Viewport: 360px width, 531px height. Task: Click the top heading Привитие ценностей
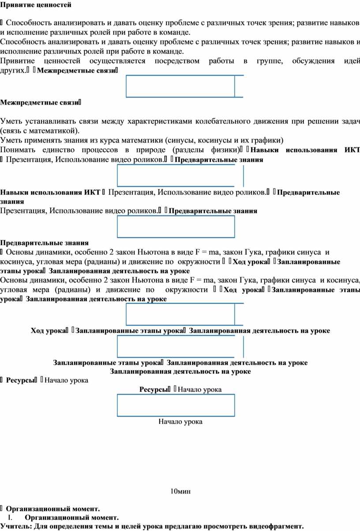click(x=35, y=5)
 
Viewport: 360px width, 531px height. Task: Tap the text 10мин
click(x=180, y=491)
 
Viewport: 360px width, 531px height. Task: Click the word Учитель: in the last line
click(x=16, y=526)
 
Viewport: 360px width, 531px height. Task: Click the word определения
click(x=69, y=526)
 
